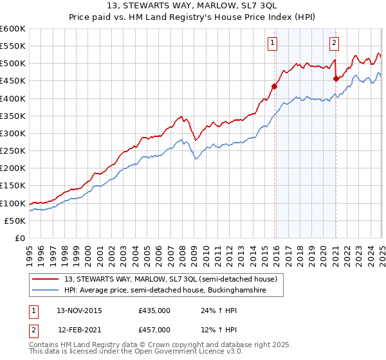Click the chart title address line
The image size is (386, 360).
tap(193, 6)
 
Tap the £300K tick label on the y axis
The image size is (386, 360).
tap(13, 133)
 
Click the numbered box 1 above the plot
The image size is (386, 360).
tap(273, 43)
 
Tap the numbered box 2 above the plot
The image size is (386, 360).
tap(335, 43)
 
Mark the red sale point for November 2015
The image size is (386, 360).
tap(275, 86)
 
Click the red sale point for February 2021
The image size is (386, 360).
tap(336, 78)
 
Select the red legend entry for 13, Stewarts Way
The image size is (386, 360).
tap(170, 279)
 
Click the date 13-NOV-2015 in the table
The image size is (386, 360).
tap(79, 310)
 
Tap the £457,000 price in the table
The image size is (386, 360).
tap(154, 329)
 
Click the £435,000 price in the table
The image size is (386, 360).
tap(154, 310)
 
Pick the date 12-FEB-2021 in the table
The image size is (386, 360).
tap(79, 329)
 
